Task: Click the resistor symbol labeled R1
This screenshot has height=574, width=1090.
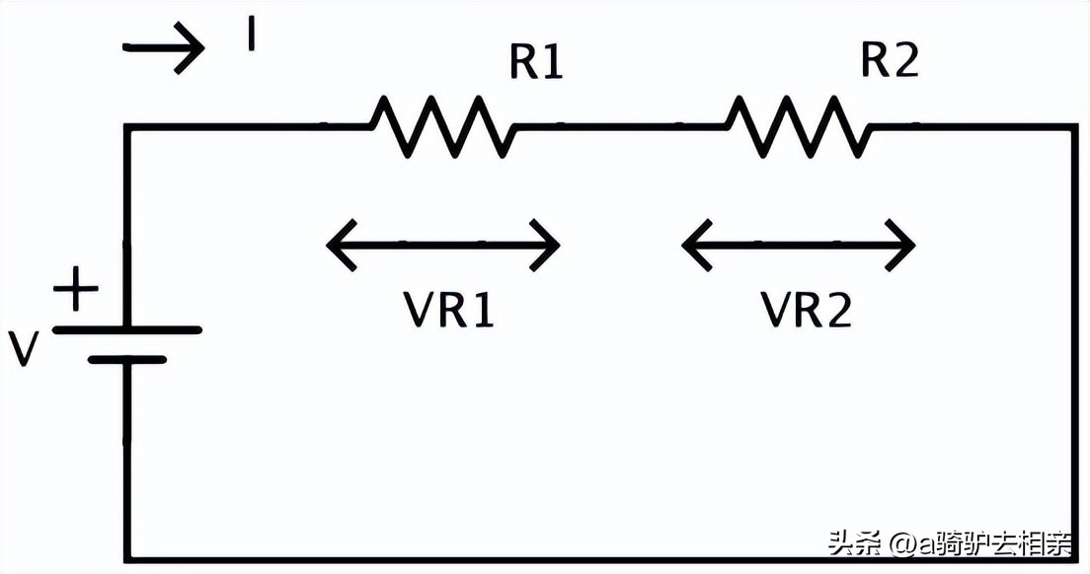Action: coord(443,126)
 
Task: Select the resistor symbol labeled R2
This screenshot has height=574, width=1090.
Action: coord(799,126)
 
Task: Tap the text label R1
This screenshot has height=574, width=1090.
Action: coord(536,62)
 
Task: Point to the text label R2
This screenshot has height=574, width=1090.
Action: coord(890,60)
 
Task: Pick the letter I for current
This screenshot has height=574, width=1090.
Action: coord(252,36)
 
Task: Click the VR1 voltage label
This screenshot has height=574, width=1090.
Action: coord(448,311)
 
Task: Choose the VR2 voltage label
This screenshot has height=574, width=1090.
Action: coord(806,311)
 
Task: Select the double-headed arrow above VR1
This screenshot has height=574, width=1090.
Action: coord(443,244)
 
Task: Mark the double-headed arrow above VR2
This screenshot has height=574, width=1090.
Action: coord(799,244)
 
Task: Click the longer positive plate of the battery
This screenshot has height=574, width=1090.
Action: coord(127,329)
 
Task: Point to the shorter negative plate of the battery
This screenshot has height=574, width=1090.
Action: coord(127,360)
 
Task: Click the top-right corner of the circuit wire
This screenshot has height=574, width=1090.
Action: coord(1073,127)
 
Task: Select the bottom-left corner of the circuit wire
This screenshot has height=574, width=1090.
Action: coord(127,558)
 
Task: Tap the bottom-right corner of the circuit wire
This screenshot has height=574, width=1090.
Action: coord(1073,558)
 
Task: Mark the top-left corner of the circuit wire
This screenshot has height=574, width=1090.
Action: coord(127,127)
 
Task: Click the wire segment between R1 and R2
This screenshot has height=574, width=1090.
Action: coord(620,126)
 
